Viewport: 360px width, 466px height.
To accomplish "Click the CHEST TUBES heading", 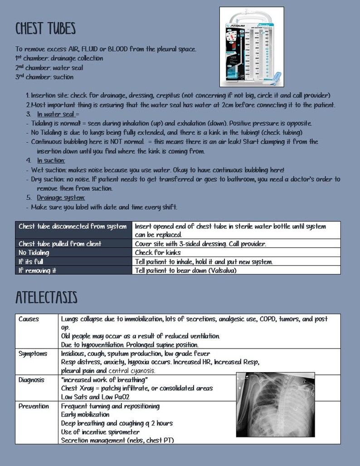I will coord(45,29).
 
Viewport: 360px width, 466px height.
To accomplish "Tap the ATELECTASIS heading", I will coord(46,298).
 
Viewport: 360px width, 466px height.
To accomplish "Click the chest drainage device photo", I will coord(251,47).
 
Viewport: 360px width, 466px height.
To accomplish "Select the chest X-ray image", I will coord(275,404).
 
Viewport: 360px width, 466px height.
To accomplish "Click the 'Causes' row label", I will coord(29,319).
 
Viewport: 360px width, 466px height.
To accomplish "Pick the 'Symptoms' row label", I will coord(33,354).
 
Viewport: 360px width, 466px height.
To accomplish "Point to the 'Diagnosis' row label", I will coord(31,379).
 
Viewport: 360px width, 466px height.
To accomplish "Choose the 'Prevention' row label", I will coord(34,406).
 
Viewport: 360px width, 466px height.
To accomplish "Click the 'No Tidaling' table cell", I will coord(34,252).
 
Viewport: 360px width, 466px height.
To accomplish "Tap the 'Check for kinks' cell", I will coord(158,252).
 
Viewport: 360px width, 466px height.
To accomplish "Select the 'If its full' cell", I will coord(30,262).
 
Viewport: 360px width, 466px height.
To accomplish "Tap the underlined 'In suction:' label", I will coord(51,160).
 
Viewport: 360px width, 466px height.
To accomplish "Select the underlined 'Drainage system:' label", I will coord(61,198).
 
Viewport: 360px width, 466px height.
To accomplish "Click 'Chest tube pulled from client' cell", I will coord(60,244).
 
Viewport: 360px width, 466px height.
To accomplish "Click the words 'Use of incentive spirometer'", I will coord(100,432).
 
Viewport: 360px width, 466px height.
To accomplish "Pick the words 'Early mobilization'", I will coord(85,414).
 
